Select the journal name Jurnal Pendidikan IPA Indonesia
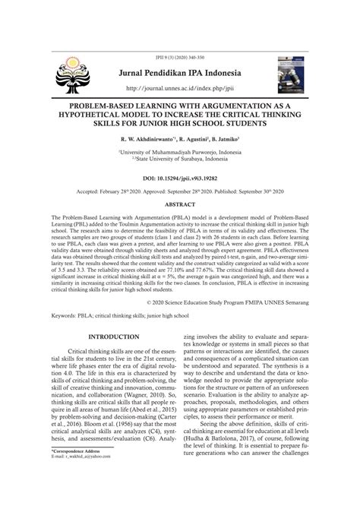click(x=178, y=73)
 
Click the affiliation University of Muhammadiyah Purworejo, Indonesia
click(x=180, y=152)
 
